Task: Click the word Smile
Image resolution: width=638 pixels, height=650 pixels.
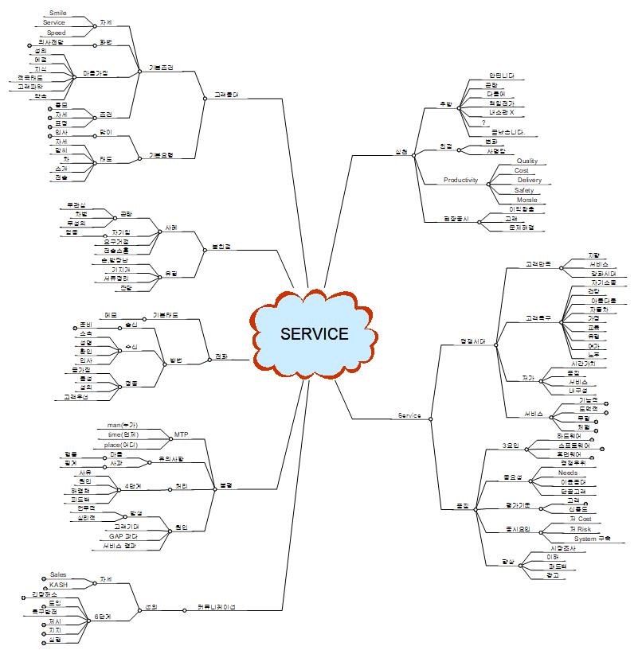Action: coord(58,14)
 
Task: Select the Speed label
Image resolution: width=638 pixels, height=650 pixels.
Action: coord(57,33)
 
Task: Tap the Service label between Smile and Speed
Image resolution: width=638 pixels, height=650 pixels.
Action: coord(54,23)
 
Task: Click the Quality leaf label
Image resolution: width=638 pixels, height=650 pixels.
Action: coord(527,162)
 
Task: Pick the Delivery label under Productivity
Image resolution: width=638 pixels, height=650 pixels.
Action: coord(530,181)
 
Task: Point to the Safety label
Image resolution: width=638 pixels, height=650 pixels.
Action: coord(524,190)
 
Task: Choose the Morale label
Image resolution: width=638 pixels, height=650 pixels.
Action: coord(526,200)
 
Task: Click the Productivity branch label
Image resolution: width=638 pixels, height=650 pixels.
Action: coord(460,181)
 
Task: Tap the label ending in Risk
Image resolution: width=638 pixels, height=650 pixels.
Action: coord(580,529)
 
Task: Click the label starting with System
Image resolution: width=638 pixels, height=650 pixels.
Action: coord(592,539)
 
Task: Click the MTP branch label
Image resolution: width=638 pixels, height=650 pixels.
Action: coord(181,435)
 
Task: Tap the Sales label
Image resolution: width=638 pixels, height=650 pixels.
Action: coord(58,574)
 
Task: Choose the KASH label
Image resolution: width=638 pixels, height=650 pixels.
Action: coord(58,585)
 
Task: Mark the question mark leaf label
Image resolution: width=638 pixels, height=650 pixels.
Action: coord(484,123)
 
